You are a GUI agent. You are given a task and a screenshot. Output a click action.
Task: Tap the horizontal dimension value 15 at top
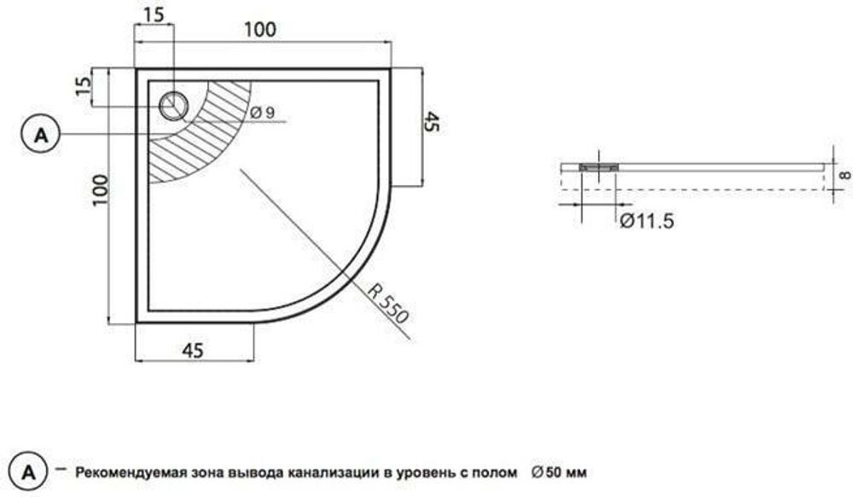[x=154, y=14]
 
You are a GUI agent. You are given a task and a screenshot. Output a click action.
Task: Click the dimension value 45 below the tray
[x=194, y=350]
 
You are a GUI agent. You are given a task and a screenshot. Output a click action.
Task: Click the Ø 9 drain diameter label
[x=263, y=113]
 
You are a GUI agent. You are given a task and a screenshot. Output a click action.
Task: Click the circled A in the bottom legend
[x=29, y=471]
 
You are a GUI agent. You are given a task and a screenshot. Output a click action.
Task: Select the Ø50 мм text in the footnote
[x=558, y=471]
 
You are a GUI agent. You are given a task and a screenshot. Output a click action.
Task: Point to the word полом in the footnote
[x=498, y=471]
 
